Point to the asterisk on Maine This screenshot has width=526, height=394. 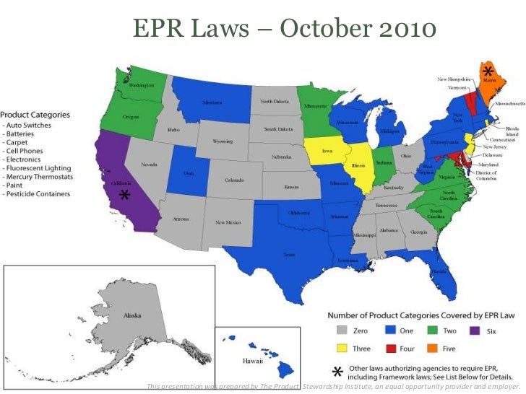click(488, 71)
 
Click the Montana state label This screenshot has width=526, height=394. click(212, 102)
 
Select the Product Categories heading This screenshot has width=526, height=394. click(35, 115)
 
